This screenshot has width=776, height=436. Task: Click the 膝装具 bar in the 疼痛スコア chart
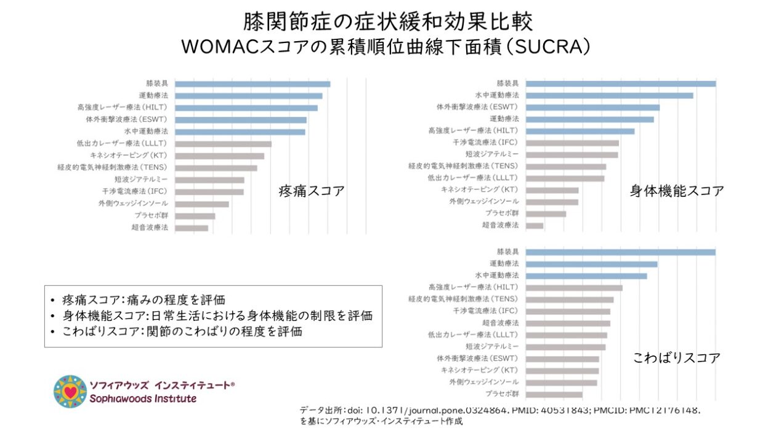[x=253, y=84]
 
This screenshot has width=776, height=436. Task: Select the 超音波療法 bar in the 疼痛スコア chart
[x=192, y=228]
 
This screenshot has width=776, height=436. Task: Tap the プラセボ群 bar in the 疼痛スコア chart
[x=195, y=216]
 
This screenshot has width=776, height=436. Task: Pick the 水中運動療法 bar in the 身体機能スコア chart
[x=610, y=95]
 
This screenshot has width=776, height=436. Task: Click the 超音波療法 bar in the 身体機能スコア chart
[x=535, y=226]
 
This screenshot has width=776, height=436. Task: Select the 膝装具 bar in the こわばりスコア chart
[x=621, y=252]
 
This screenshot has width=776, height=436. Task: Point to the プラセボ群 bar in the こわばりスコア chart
[x=554, y=394]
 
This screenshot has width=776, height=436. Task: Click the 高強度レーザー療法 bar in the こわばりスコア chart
[x=575, y=288]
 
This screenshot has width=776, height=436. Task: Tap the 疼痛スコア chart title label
[x=311, y=191]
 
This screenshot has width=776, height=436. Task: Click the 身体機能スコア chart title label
[x=677, y=191]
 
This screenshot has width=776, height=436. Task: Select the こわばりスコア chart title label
[x=676, y=358]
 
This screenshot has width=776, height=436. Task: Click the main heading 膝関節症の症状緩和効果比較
[x=387, y=22]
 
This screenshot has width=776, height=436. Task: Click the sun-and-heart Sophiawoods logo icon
[x=70, y=391]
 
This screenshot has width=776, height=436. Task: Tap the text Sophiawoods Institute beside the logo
[x=143, y=398]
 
